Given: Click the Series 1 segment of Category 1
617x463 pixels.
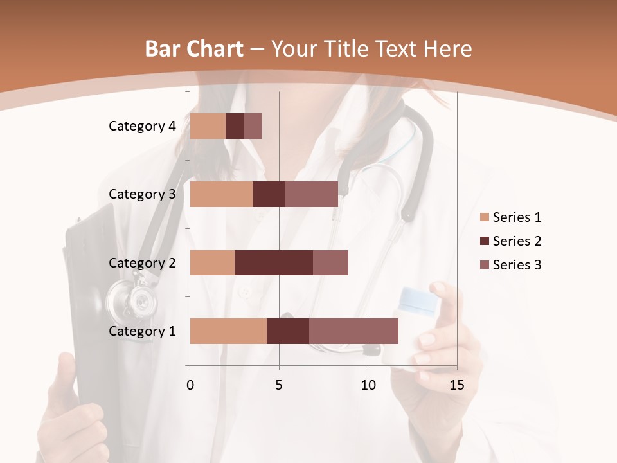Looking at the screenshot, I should [x=228, y=331].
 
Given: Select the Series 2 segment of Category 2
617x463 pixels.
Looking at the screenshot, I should [x=274, y=262].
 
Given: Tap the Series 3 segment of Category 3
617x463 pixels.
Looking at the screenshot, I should [x=311, y=194].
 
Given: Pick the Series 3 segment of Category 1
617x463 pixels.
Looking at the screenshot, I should [x=353, y=331].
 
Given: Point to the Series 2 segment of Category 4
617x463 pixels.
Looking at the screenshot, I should [x=235, y=126].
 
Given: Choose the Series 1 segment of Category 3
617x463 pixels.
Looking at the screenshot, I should [x=221, y=194].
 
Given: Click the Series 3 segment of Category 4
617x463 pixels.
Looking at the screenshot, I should [x=253, y=126].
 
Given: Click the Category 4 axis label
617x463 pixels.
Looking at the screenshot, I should [x=142, y=126].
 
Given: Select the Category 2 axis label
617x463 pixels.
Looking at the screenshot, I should [x=142, y=262].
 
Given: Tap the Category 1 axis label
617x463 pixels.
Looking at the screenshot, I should [x=142, y=331].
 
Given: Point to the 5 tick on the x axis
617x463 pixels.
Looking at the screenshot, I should [x=279, y=385].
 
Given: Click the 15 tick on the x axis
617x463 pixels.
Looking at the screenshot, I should [x=457, y=385].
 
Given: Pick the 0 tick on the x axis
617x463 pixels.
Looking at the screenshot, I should [x=190, y=385].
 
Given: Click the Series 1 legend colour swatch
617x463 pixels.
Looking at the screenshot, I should [x=484, y=217].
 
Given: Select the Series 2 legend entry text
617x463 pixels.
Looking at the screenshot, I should [x=517, y=241].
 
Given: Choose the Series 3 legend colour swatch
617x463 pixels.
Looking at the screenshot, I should [x=484, y=265].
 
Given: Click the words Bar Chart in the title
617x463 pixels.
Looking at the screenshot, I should [x=194, y=48].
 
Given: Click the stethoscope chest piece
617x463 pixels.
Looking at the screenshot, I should [x=133, y=298].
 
